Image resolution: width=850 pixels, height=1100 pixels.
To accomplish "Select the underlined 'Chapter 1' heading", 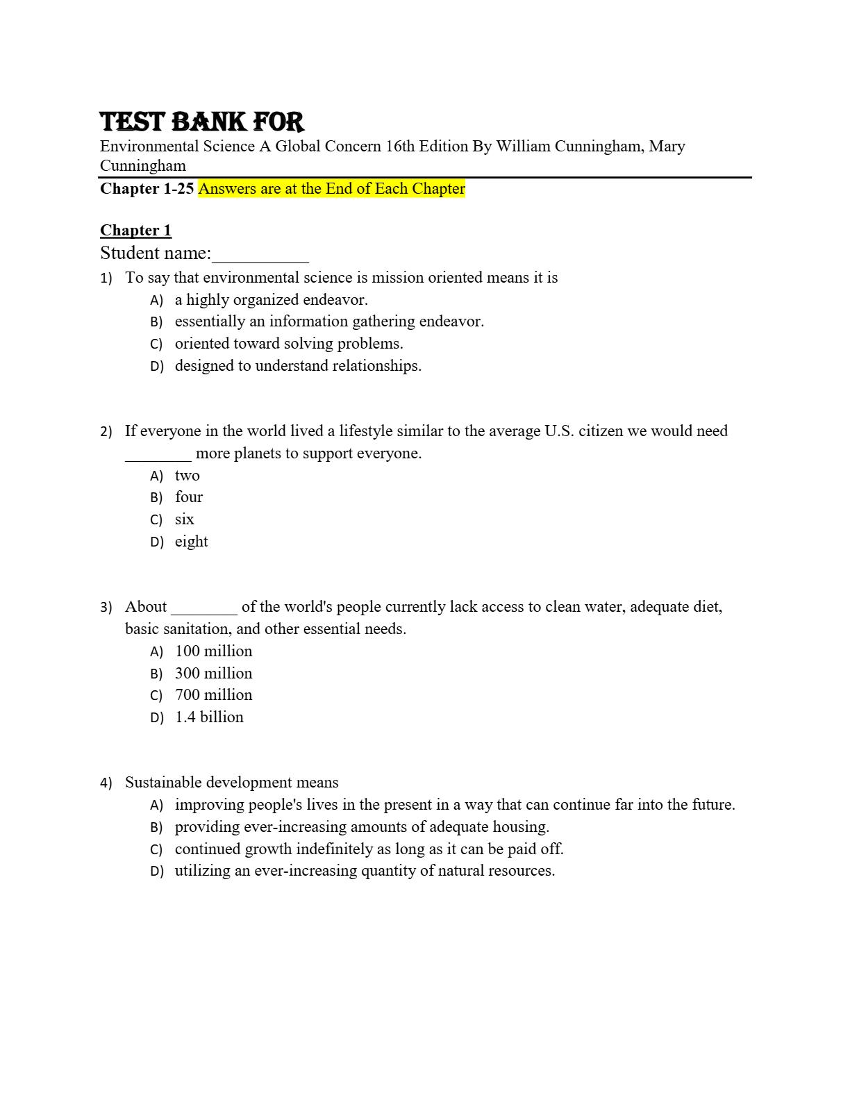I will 135,231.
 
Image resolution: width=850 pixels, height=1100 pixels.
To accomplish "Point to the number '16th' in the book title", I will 400,147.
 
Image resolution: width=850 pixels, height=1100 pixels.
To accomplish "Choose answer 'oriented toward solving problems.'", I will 289,344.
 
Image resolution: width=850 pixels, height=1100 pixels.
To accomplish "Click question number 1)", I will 106,278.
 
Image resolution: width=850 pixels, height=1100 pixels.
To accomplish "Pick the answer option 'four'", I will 189,497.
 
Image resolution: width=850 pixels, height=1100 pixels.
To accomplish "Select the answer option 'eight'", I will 191,542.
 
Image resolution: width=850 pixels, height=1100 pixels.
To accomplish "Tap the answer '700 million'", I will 213,695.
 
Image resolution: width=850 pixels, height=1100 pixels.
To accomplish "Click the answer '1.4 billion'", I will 209,717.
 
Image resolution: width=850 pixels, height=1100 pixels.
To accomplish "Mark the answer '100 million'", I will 213,651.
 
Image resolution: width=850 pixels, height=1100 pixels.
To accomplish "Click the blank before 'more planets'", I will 158,456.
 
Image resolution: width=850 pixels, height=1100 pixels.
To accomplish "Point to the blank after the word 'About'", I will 204,609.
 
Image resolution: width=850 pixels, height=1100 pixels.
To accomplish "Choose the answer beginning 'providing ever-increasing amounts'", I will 362,827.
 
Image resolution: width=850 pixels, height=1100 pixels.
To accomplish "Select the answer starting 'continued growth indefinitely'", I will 369,849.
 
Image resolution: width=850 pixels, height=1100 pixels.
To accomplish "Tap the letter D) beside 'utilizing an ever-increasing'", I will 157,872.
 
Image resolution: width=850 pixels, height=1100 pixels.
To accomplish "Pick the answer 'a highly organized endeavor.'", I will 271,300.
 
